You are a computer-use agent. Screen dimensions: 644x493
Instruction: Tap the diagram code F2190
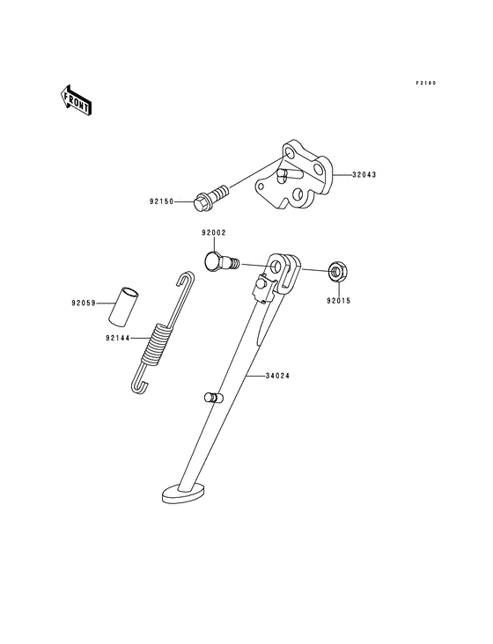click(427, 84)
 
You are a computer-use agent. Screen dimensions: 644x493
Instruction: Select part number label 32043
click(364, 175)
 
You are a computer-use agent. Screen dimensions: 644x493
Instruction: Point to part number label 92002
click(213, 233)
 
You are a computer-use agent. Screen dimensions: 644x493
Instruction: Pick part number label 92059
click(85, 304)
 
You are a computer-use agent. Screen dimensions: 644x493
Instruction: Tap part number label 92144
click(118, 337)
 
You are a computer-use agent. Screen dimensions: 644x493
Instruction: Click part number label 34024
click(278, 376)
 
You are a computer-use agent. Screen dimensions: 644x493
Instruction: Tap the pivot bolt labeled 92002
click(220, 260)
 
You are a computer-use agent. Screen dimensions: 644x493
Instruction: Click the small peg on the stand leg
click(211, 398)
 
